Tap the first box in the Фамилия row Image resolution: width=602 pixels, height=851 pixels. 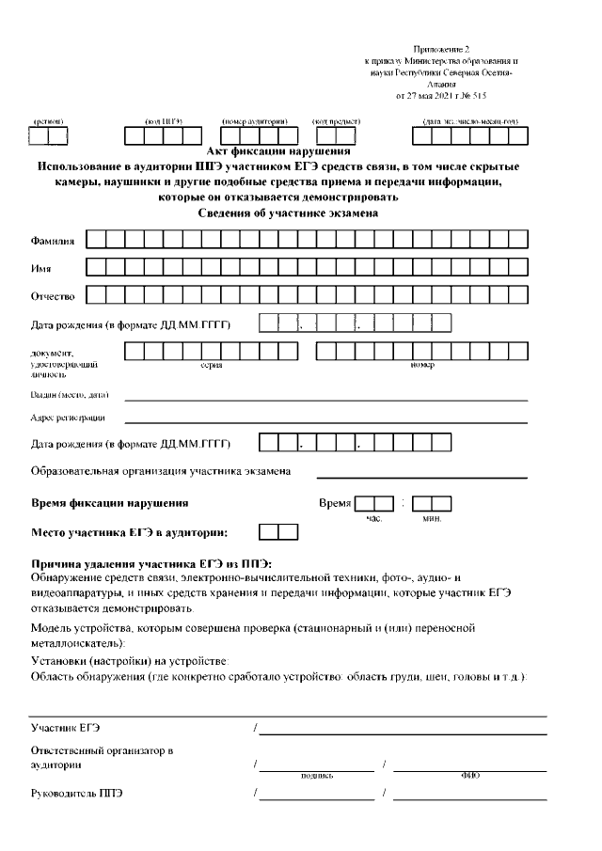[96, 240]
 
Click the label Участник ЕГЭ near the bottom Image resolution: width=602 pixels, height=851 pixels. [65, 728]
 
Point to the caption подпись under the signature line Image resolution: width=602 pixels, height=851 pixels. [314, 776]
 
